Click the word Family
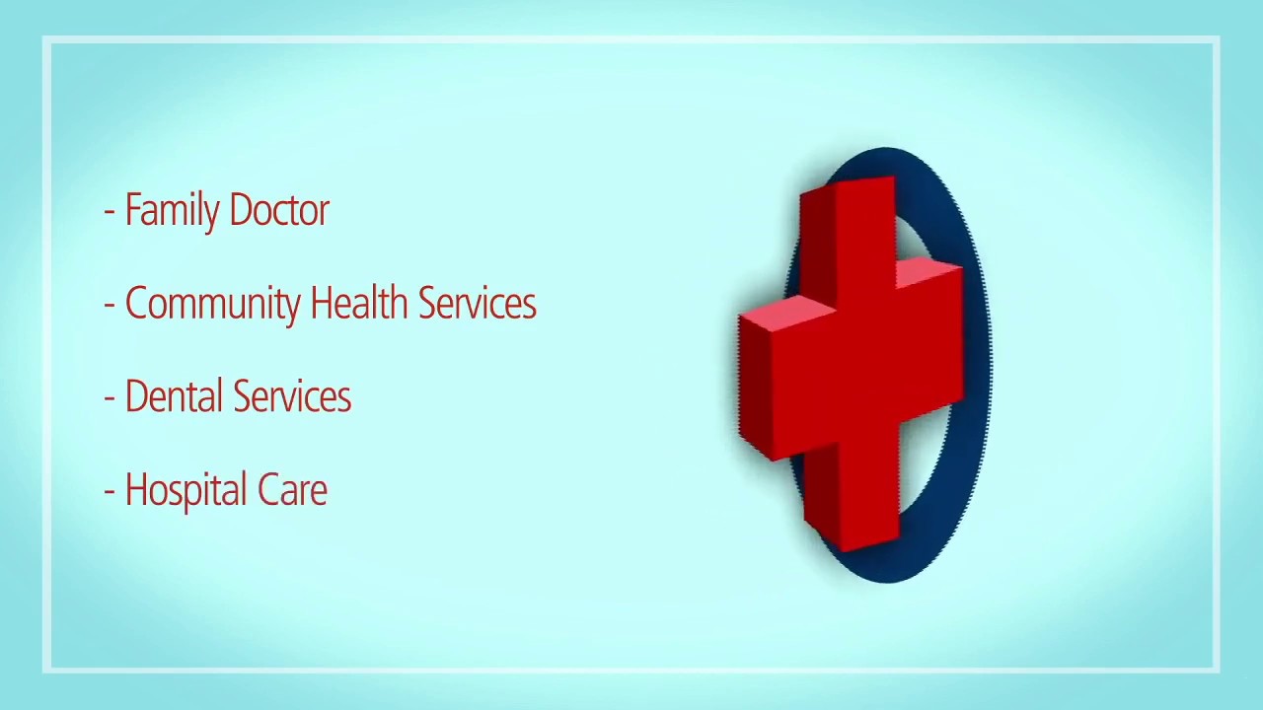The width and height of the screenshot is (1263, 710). pyautogui.click(x=172, y=211)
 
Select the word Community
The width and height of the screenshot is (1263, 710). pyautogui.click(x=212, y=304)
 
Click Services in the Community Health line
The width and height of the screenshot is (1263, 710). pyautogui.click(x=477, y=304)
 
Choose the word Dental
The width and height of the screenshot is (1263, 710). pyautogui.click(x=175, y=396)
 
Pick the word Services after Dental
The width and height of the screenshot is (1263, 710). pyautogui.click(x=293, y=396)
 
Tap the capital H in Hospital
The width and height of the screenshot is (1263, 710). pyautogui.click(x=135, y=490)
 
